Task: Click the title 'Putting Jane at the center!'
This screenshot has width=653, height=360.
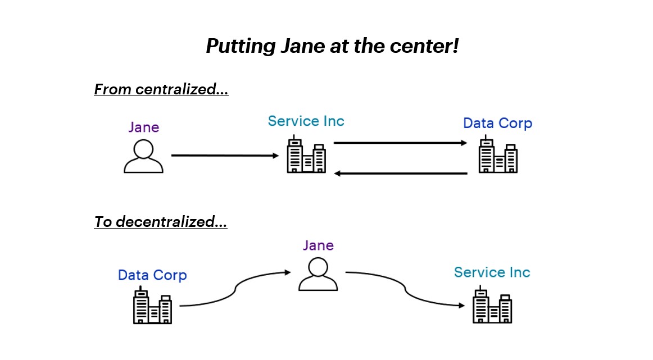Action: coord(332,46)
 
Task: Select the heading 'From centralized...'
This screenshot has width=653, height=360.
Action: coord(161,89)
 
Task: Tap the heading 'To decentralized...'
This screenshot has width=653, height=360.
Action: coord(160,222)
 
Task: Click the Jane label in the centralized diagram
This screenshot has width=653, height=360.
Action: coord(143,127)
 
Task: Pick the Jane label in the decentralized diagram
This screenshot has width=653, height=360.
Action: coord(318,245)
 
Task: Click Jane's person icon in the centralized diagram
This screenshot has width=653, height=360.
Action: coord(143,156)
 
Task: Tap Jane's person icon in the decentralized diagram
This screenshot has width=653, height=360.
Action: coord(318,274)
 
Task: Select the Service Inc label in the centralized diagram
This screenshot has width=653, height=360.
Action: coord(306,121)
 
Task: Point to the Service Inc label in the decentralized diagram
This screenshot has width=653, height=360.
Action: coord(492,272)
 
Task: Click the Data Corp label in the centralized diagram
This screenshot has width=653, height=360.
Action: coord(497,123)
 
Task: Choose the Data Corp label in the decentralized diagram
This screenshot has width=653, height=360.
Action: coord(152,275)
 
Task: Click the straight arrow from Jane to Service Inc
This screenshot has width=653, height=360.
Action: coord(225,156)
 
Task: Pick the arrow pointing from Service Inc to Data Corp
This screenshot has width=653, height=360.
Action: coord(400,143)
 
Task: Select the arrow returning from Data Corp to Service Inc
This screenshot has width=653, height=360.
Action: coord(400,174)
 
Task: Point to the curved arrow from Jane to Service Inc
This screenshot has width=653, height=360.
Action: coord(405,289)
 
